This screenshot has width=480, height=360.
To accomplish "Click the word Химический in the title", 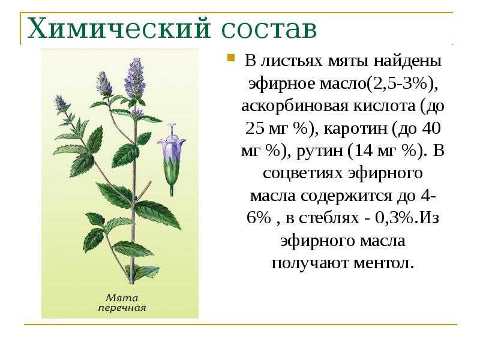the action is tap(119, 28).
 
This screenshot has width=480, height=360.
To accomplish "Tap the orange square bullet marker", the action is tap(231, 58).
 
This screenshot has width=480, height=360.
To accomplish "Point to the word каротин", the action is tap(355, 128).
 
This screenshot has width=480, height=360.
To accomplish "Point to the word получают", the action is tap(310, 263).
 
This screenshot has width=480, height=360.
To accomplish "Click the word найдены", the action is tap(408, 61).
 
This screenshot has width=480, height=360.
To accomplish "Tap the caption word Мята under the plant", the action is tap(122, 298).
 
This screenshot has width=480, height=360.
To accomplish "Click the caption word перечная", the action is tap(122, 308).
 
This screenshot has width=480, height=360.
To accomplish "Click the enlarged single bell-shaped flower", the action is tap(172, 159).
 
